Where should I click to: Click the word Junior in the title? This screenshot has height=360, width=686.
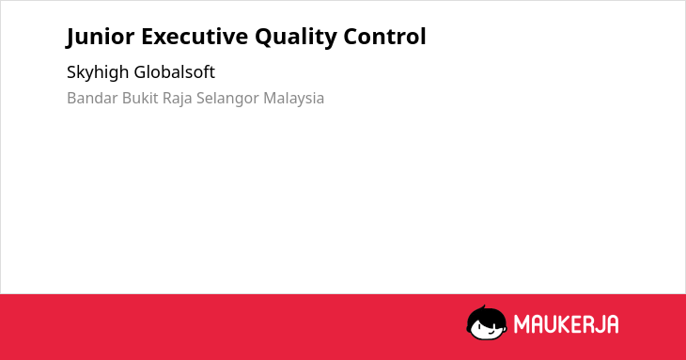(x=101, y=37)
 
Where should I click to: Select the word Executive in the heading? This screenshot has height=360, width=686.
(x=195, y=37)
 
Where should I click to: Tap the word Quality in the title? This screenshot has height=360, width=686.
(x=296, y=38)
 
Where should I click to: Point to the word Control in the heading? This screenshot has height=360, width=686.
(x=384, y=36)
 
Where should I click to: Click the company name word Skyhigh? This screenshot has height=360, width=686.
(x=98, y=72)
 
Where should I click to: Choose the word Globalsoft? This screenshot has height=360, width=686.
(x=175, y=71)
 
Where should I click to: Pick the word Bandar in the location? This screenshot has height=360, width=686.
(x=92, y=98)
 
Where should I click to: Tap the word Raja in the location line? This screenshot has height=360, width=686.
(x=178, y=99)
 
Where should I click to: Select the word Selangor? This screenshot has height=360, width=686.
(x=227, y=99)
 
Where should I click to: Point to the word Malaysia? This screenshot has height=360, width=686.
(x=293, y=99)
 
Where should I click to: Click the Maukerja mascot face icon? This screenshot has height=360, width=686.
(x=487, y=322)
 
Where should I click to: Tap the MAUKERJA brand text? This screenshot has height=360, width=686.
(x=566, y=324)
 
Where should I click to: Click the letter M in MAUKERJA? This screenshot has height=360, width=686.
(x=521, y=324)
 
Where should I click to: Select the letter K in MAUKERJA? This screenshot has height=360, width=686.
(x=563, y=324)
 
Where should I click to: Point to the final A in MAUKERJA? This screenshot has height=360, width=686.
(x=613, y=324)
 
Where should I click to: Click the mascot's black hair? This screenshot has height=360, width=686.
(x=486, y=314)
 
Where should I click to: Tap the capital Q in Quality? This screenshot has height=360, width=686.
(x=263, y=38)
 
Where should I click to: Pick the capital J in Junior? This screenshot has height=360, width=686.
(x=70, y=38)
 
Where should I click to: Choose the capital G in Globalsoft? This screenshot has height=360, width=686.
(x=140, y=72)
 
